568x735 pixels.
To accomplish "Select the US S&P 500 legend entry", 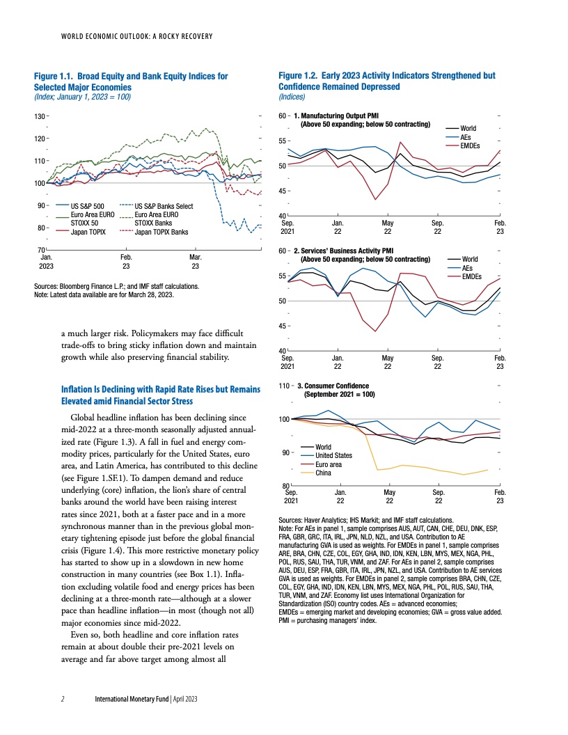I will click(x=87, y=206).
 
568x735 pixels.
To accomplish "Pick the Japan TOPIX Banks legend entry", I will click(x=161, y=232).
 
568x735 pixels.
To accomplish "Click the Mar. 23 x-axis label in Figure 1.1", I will click(x=196, y=261).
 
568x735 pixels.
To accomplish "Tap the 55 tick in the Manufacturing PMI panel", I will click(x=282, y=141).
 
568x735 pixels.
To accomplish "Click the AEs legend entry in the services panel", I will click(x=466, y=267).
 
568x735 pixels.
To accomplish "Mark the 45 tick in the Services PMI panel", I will click(x=282, y=325).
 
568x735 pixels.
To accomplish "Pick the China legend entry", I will click(x=323, y=473).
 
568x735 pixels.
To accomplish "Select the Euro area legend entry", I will click(x=329, y=464).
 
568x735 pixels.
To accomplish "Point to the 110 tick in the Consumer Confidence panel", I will click(x=283, y=385).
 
